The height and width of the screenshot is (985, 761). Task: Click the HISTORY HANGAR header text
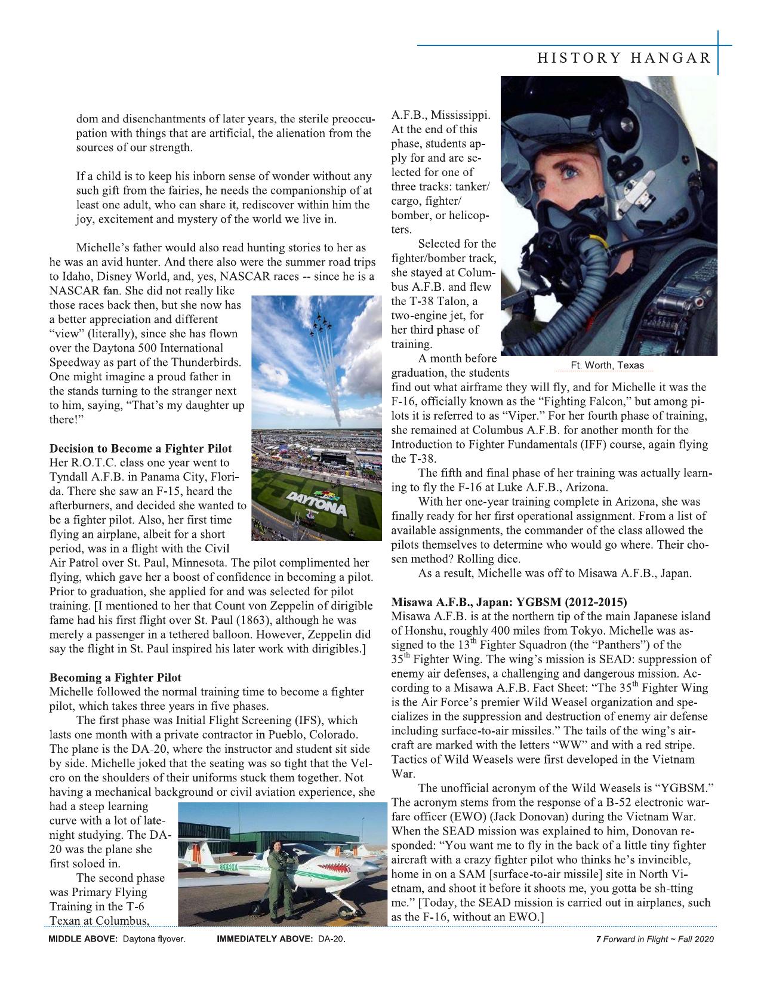pyautogui.click(x=624, y=58)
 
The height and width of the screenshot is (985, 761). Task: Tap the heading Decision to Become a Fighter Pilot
pyautogui.click(x=140, y=448)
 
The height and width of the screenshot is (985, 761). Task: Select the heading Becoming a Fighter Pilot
pyautogui.click(x=115, y=678)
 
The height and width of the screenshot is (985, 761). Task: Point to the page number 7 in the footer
pyautogui.click(x=598, y=939)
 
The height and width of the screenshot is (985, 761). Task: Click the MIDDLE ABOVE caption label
pyautogui.click(x=84, y=939)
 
